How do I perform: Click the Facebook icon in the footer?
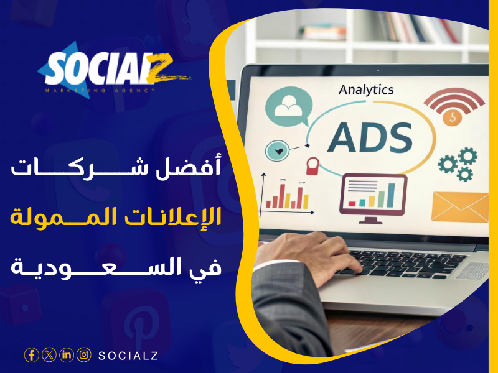(32, 355)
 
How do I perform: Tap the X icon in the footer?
(49, 355)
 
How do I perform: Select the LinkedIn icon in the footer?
(67, 355)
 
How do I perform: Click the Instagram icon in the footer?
(84, 355)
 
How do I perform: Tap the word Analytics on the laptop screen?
(366, 90)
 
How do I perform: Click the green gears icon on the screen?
(458, 163)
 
